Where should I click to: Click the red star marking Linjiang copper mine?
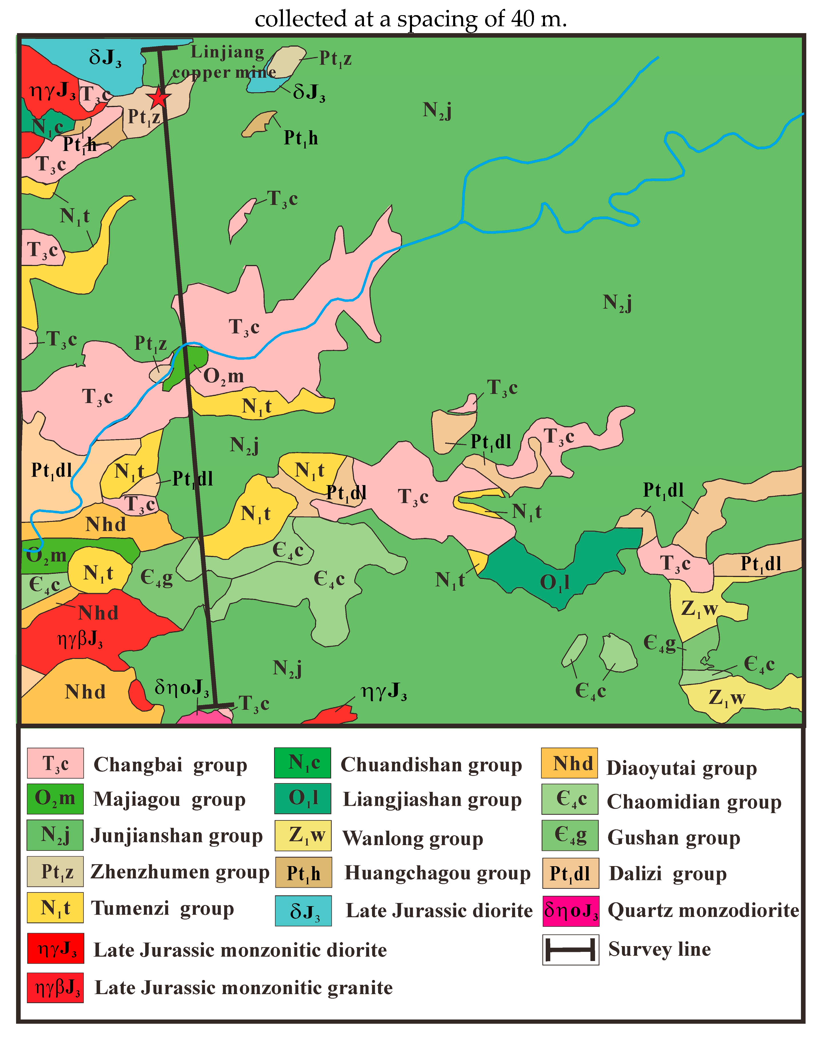point(159,97)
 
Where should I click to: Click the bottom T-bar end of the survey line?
point(215,706)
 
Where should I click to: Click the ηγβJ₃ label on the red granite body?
point(80,639)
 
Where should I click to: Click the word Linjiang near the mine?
point(227,52)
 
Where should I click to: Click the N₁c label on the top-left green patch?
point(47,127)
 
